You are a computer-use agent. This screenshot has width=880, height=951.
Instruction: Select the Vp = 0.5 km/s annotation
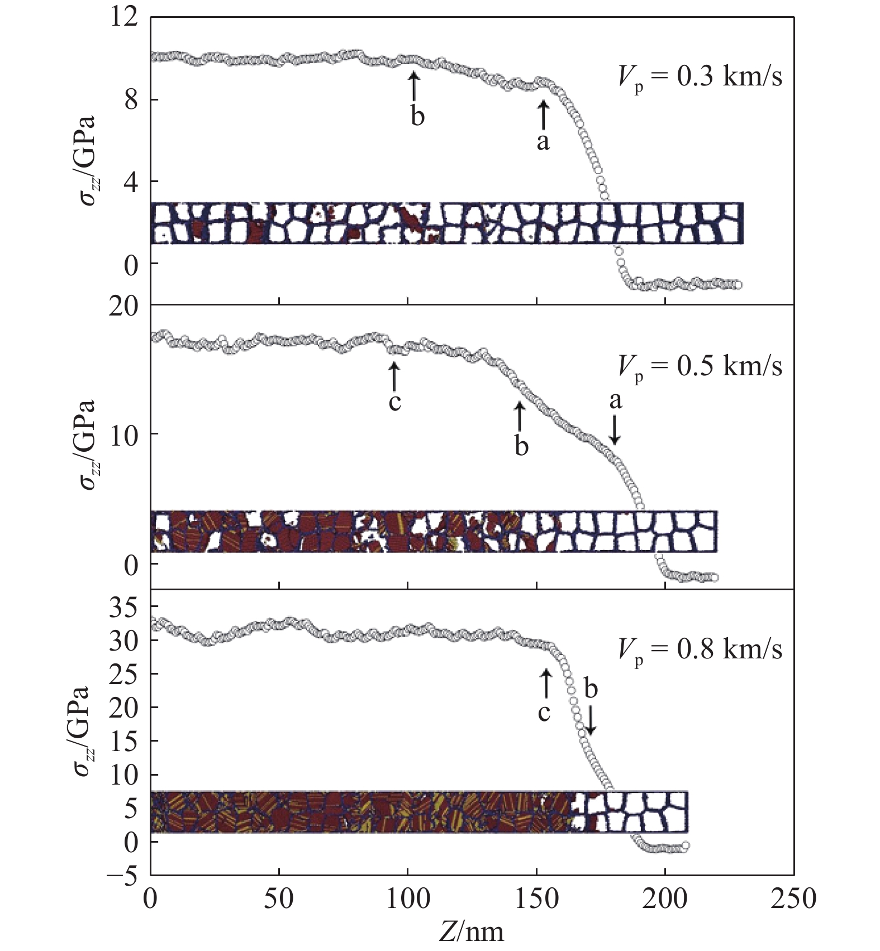[x=700, y=366]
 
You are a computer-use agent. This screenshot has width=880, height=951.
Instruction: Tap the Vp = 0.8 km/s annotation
[x=700, y=649]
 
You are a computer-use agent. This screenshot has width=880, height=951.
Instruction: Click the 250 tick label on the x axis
[x=793, y=899]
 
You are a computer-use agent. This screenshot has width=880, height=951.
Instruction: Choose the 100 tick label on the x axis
[x=408, y=899]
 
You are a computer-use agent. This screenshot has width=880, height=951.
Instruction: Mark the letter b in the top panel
[x=417, y=117]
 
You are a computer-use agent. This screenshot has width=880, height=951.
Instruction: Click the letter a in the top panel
[x=543, y=142]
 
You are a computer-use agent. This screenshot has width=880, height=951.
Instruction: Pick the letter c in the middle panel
[x=394, y=402]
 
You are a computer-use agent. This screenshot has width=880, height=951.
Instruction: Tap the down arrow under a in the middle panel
[x=615, y=431]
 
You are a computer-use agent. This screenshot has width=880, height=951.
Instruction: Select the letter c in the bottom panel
[x=544, y=712]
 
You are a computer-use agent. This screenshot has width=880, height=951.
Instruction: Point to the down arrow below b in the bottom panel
[x=591, y=720]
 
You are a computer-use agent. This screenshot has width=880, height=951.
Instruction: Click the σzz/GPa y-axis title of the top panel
[x=87, y=160]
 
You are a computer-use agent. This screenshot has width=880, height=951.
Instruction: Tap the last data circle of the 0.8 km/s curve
[x=686, y=845]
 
